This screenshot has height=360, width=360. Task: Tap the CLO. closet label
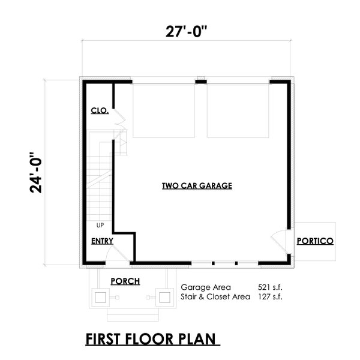(100, 111)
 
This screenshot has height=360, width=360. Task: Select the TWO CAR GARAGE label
(197, 186)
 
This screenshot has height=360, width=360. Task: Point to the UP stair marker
(100, 226)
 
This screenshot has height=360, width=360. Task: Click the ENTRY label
(103, 241)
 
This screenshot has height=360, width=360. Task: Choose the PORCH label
(125, 281)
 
